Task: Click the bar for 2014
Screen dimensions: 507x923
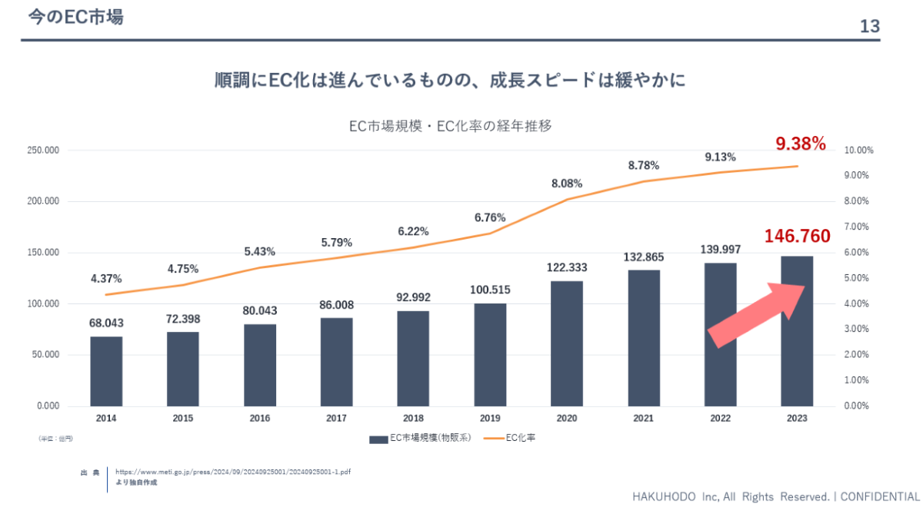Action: [x=106, y=371]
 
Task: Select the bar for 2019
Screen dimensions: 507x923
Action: [x=490, y=355]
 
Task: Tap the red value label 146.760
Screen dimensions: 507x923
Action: [x=797, y=236]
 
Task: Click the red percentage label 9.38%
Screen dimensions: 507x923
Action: [x=800, y=144]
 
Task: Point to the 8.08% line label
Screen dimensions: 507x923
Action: [x=567, y=184]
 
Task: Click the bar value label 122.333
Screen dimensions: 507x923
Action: [x=567, y=267]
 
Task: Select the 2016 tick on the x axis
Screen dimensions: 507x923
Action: [x=260, y=419]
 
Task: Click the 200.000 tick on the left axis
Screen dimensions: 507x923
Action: [x=44, y=201]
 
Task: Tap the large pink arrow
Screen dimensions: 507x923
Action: [x=756, y=315]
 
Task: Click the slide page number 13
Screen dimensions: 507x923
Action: [x=869, y=27]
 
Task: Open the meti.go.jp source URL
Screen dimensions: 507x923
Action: [x=237, y=472]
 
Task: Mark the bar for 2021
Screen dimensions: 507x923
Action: [x=644, y=338]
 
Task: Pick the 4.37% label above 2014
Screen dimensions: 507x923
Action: [x=106, y=278]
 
